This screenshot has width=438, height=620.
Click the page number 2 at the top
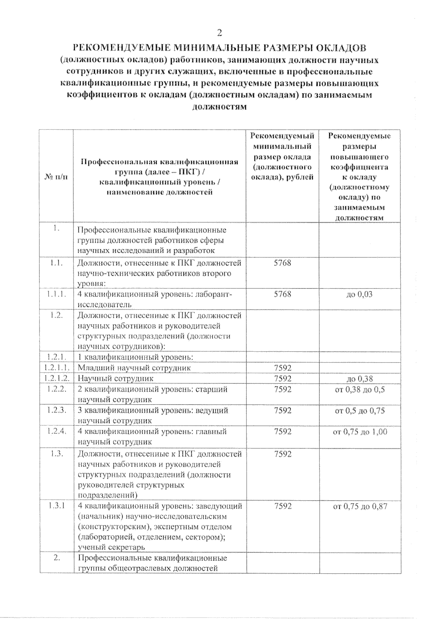click(x=219, y=33)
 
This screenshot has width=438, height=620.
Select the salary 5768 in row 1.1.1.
click(x=283, y=294)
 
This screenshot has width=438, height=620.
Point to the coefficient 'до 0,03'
click(x=360, y=294)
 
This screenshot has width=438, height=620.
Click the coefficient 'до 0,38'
click(x=360, y=379)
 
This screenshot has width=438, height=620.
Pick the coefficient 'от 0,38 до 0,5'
click(x=360, y=389)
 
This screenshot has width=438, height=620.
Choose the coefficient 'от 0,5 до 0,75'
click(x=360, y=410)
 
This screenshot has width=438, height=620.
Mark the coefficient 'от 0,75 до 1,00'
click(x=360, y=432)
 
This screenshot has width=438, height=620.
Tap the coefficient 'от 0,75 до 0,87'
click(x=360, y=506)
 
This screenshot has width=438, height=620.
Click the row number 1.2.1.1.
click(x=57, y=368)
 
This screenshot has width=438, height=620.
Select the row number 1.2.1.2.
click(x=57, y=378)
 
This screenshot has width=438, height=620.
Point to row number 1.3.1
click(x=57, y=506)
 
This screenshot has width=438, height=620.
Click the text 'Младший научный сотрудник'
click(x=134, y=368)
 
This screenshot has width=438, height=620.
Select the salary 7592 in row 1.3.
click(x=283, y=454)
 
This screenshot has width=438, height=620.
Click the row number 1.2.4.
click(x=57, y=432)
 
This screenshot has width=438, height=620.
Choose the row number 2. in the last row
click(x=57, y=558)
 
